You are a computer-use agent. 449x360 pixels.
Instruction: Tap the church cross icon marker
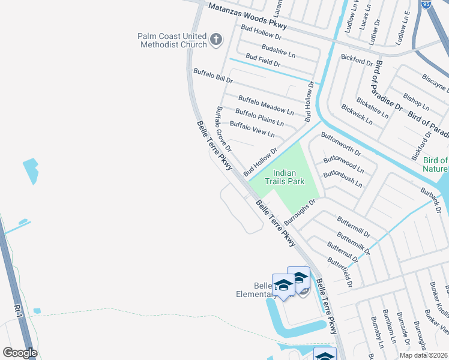216,41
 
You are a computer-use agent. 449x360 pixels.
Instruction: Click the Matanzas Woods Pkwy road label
247,17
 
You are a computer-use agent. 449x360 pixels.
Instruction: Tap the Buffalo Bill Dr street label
212,75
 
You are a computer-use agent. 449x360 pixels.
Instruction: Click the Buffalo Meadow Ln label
266,105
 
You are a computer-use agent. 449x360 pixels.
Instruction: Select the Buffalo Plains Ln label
259,117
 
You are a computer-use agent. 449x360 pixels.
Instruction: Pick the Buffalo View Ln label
252,129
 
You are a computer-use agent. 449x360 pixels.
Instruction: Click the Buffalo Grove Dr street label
223,128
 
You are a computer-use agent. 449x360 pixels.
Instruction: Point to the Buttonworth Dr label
341,143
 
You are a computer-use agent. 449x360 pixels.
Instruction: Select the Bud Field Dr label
263,60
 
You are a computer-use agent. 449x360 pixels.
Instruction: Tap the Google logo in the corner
20,353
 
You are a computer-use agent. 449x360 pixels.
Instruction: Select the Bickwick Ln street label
357,114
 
